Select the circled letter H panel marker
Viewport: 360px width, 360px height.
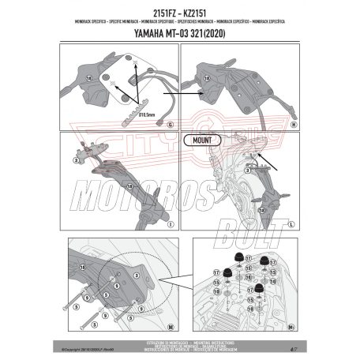[293, 125]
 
